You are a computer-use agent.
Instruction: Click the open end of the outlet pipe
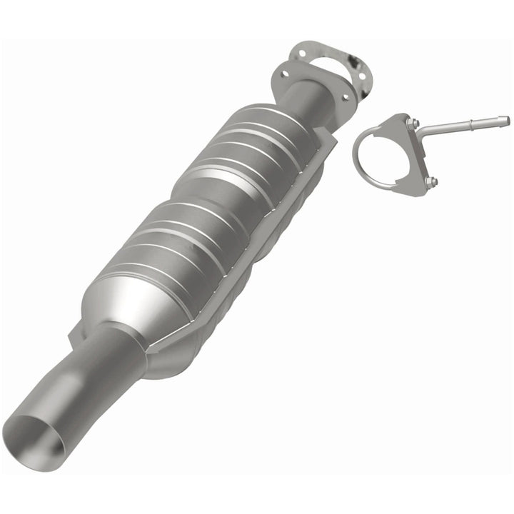[34, 435]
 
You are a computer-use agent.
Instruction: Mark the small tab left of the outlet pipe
[74, 331]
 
